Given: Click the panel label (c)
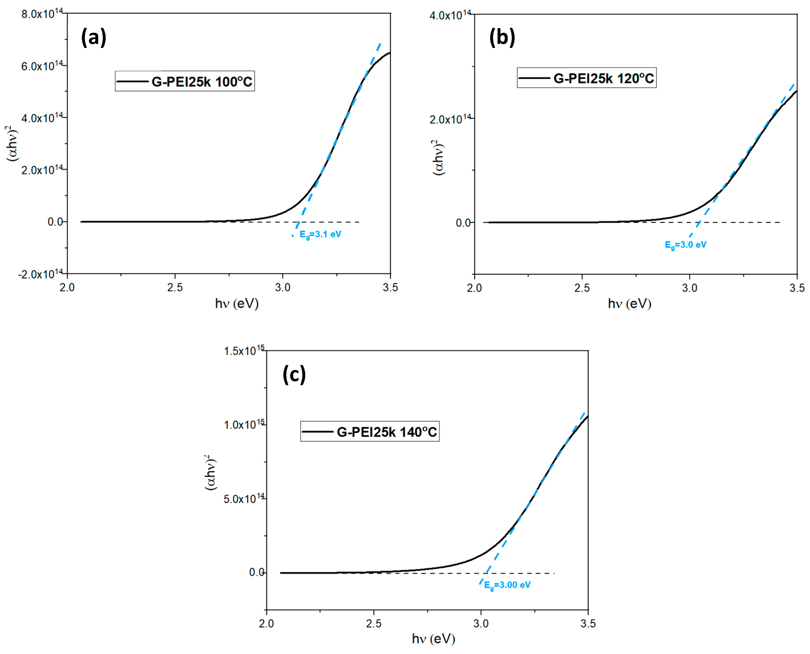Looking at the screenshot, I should (x=294, y=374).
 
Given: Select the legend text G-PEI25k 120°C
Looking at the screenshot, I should (x=603, y=78).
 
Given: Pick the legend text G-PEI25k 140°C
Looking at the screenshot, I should (x=387, y=432).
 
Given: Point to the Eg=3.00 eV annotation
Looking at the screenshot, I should (x=507, y=585).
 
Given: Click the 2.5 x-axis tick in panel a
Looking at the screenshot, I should (x=175, y=288).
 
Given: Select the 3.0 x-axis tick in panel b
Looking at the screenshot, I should (x=689, y=288).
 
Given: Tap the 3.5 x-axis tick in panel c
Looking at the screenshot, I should (x=588, y=624).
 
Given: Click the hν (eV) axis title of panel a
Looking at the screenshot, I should (x=237, y=304).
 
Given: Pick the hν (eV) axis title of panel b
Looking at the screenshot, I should (x=629, y=304).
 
